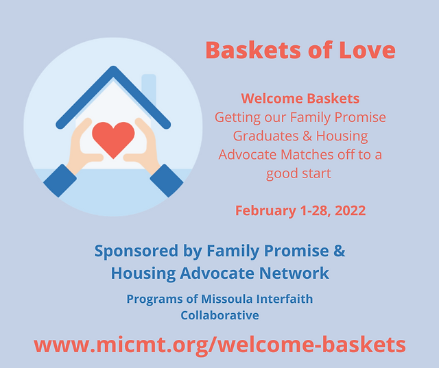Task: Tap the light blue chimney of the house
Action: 149,90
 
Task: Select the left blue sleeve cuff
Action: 60,181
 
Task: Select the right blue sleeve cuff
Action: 167,181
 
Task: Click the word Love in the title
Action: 367,50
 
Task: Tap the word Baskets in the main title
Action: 253,50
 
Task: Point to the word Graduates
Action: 265,136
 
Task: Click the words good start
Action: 298,173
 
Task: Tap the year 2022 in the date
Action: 351,210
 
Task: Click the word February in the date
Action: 265,211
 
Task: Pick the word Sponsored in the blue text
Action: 137,251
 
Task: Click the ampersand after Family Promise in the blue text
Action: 340,251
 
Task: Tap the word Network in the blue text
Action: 294,273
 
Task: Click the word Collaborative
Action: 219,315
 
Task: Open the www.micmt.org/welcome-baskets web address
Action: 219,345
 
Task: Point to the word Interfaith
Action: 285,299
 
